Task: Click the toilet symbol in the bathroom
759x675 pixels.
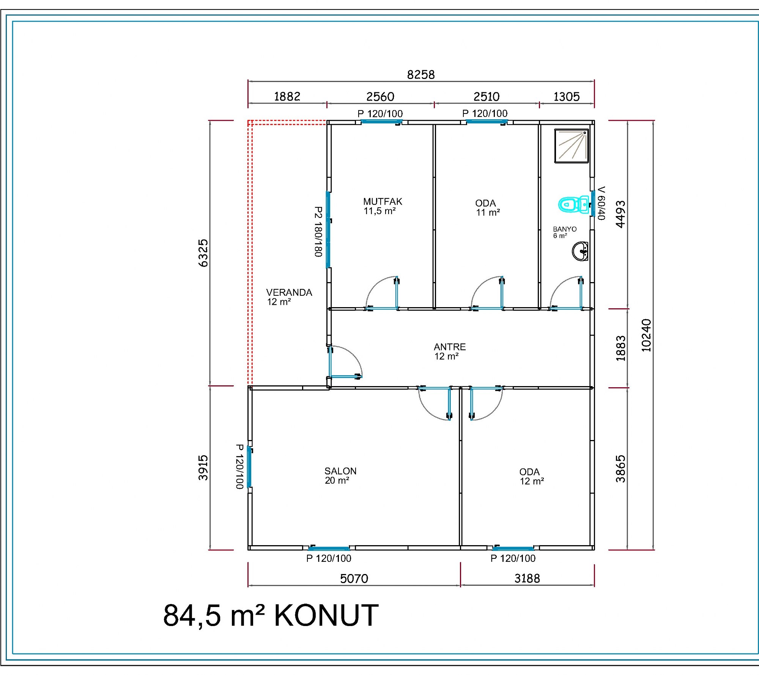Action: click(x=573, y=205)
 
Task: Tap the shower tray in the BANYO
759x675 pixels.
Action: click(x=572, y=146)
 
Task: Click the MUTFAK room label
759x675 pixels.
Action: click(x=383, y=202)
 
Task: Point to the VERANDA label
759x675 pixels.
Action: click(x=289, y=293)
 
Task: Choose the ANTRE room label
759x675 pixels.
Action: click(x=450, y=347)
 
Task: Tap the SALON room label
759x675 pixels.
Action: click(x=340, y=471)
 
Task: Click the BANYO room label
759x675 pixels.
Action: click(x=565, y=229)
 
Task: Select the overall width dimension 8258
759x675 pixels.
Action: click(x=421, y=74)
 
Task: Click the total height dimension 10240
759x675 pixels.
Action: click(x=646, y=335)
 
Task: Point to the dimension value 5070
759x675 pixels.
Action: click(x=354, y=579)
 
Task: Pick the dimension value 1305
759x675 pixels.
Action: click(x=567, y=97)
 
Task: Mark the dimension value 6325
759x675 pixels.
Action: click(x=203, y=253)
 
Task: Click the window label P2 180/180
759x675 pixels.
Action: click(x=318, y=232)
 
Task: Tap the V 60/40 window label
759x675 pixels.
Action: click(x=601, y=203)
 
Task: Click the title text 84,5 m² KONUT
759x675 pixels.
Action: click(x=271, y=615)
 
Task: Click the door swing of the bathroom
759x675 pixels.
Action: click(x=559, y=287)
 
